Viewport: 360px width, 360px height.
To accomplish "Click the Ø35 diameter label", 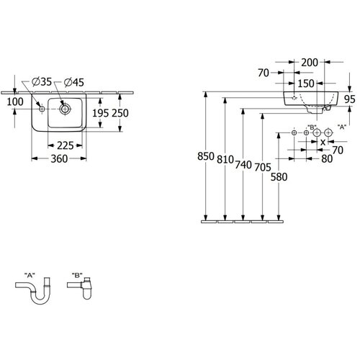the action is tap(42, 82).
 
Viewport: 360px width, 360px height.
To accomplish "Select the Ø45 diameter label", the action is tap(74, 83).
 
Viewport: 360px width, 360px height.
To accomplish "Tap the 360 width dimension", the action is tap(59, 158).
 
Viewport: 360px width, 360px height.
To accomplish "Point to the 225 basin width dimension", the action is tap(65, 145).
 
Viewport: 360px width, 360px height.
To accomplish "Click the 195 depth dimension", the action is tap(101, 113).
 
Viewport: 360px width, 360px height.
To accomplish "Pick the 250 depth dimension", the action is tap(120, 113).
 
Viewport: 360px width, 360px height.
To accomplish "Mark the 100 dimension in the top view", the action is tap(15, 102).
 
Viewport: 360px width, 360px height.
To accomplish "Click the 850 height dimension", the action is tap(206, 156).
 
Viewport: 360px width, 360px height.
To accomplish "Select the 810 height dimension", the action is tap(225, 159).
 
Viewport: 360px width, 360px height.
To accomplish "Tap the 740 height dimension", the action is tap(243, 165).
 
